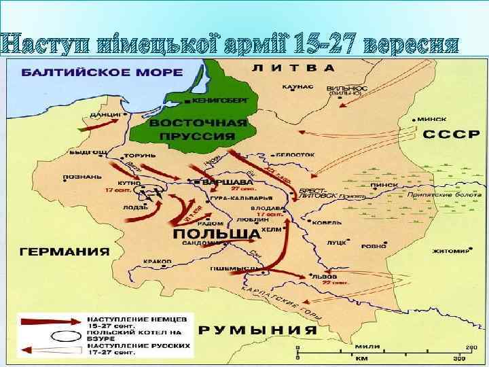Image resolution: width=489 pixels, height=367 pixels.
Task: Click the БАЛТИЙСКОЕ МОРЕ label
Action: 101,72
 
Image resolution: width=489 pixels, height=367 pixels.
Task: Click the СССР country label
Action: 447,135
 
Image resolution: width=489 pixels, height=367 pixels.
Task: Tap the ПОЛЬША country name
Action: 215,234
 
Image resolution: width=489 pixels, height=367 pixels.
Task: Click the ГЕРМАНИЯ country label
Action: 65,251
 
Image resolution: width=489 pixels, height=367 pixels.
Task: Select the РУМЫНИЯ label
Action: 258,330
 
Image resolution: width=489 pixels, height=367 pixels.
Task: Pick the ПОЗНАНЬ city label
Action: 81,176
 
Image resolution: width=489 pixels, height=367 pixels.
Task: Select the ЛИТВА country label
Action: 293,68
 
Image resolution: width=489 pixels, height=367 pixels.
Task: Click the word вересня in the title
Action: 411,44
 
